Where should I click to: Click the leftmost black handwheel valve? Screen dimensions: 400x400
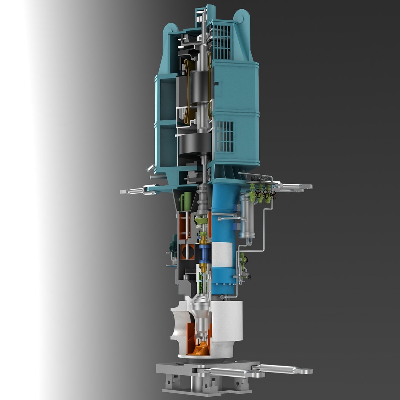click(x=258, y=193)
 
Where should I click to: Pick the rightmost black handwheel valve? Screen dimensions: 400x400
click(x=274, y=195)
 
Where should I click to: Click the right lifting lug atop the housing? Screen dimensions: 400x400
click(x=241, y=17)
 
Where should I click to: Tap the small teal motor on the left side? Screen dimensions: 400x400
click(x=173, y=243)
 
